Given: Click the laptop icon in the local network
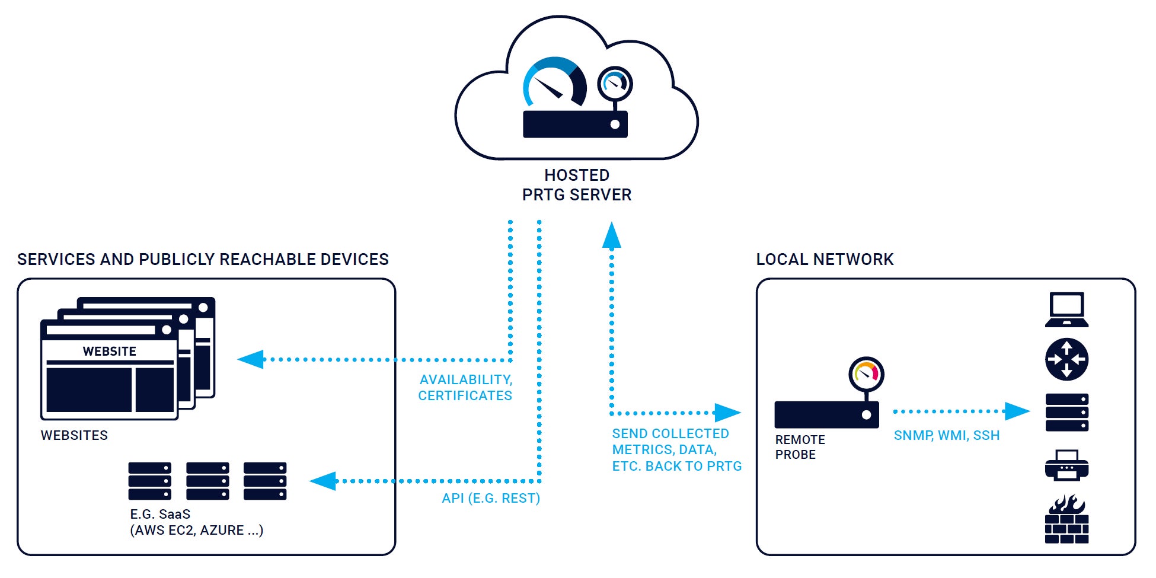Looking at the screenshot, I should pyautogui.click(x=1066, y=309).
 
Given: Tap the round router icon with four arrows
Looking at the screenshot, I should pyautogui.click(x=1066, y=359).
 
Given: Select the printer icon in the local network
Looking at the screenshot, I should pyautogui.click(x=1066, y=465).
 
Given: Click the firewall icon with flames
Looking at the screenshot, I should pyautogui.click(x=1066, y=520).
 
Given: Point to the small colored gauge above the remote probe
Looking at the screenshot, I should pyautogui.click(x=866, y=374).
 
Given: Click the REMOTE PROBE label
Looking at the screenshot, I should pyautogui.click(x=800, y=447).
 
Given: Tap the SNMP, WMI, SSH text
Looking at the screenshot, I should pyautogui.click(x=946, y=436).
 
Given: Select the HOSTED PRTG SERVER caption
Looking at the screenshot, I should pyautogui.click(x=577, y=185).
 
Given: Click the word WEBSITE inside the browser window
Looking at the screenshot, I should pyautogui.click(x=110, y=352).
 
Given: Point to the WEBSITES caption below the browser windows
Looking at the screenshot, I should pyautogui.click(x=74, y=435).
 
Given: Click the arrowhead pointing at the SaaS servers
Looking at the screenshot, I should pyautogui.click(x=323, y=481).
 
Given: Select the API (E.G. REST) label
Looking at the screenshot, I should pyautogui.click(x=491, y=499).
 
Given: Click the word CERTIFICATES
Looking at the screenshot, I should pyautogui.click(x=465, y=396).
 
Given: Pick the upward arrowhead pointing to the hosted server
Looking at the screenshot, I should pyautogui.click(x=612, y=235).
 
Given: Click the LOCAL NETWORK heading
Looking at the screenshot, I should pyautogui.click(x=825, y=260).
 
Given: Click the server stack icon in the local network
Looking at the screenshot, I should pyautogui.click(x=1066, y=412).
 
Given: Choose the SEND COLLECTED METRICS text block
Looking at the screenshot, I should pyautogui.click(x=676, y=450).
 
